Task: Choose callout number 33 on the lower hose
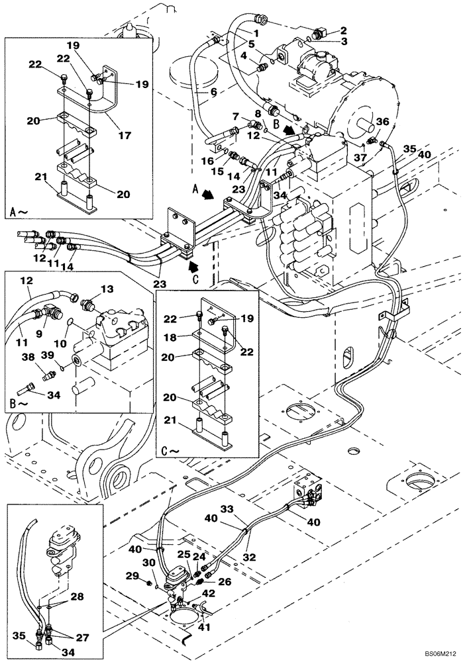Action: tap(227, 510)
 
